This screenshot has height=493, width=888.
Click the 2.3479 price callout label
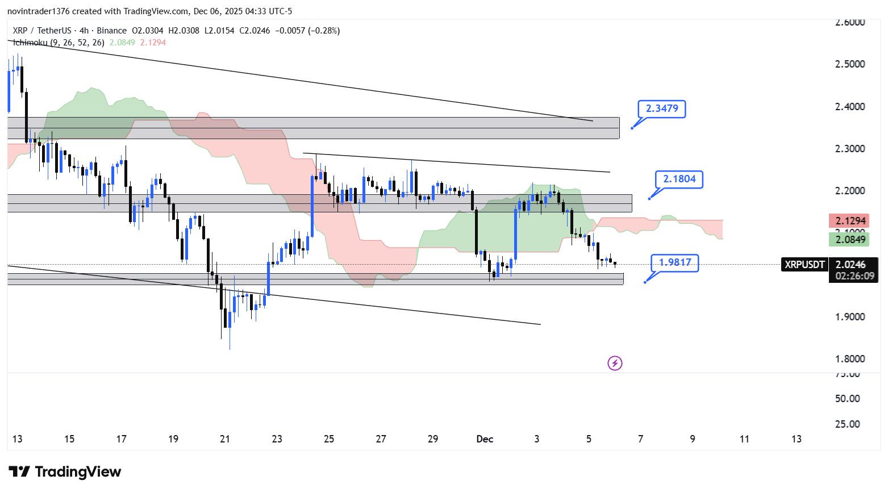pos(662,108)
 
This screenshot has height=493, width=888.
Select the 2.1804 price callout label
pos(679,179)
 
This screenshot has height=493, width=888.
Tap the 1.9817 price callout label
pos(674,262)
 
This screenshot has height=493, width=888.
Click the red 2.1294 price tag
pos(850,220)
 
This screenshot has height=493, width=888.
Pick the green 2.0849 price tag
pos(850,239)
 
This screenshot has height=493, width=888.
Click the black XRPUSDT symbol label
pos(804,264)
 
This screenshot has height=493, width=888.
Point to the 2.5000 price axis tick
pos(850,64)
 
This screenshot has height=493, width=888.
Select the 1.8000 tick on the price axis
pos(850,359)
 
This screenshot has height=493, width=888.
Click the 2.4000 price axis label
pos(850,107)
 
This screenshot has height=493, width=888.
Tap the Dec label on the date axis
pos(485,439)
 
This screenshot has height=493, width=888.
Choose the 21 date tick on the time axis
pos(225,439)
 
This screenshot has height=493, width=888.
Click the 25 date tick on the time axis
pos(329,439)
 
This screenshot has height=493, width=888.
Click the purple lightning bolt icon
pos(615,363)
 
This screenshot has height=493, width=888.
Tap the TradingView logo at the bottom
pos(65,472)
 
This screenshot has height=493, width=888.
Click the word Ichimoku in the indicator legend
pos(30,43)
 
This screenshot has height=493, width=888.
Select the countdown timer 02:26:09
pos(854,276)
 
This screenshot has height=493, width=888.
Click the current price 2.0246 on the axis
pos(850,264)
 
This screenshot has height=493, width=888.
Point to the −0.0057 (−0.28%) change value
pos(307,31)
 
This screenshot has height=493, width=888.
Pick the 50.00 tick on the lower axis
pos(847,399)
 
